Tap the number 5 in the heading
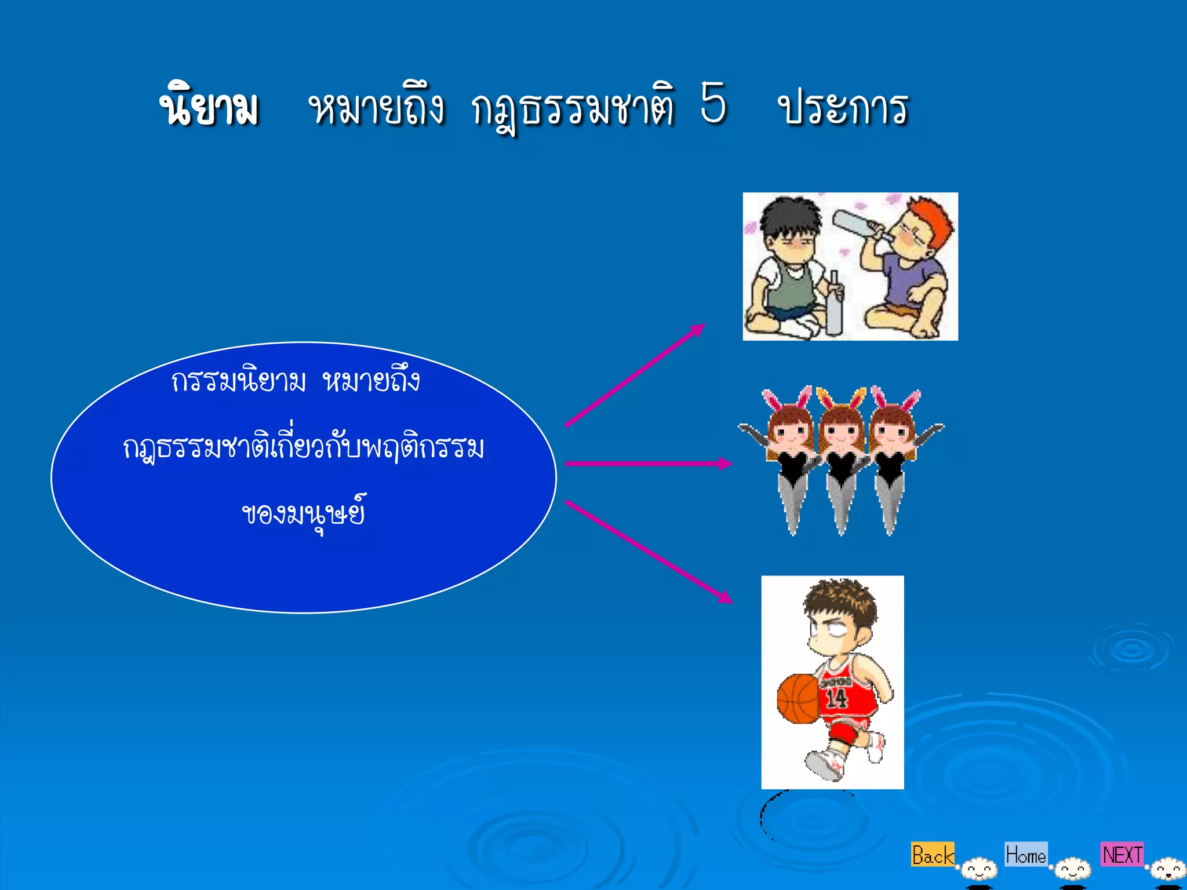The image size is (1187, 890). click(713, 103)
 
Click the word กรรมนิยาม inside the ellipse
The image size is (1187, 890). click(238, 381)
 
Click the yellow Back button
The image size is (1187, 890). click(932, 855)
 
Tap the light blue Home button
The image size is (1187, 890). click(1026, 855)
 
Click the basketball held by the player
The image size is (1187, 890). click(799, 698)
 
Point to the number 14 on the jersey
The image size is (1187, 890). click(836, 698)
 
